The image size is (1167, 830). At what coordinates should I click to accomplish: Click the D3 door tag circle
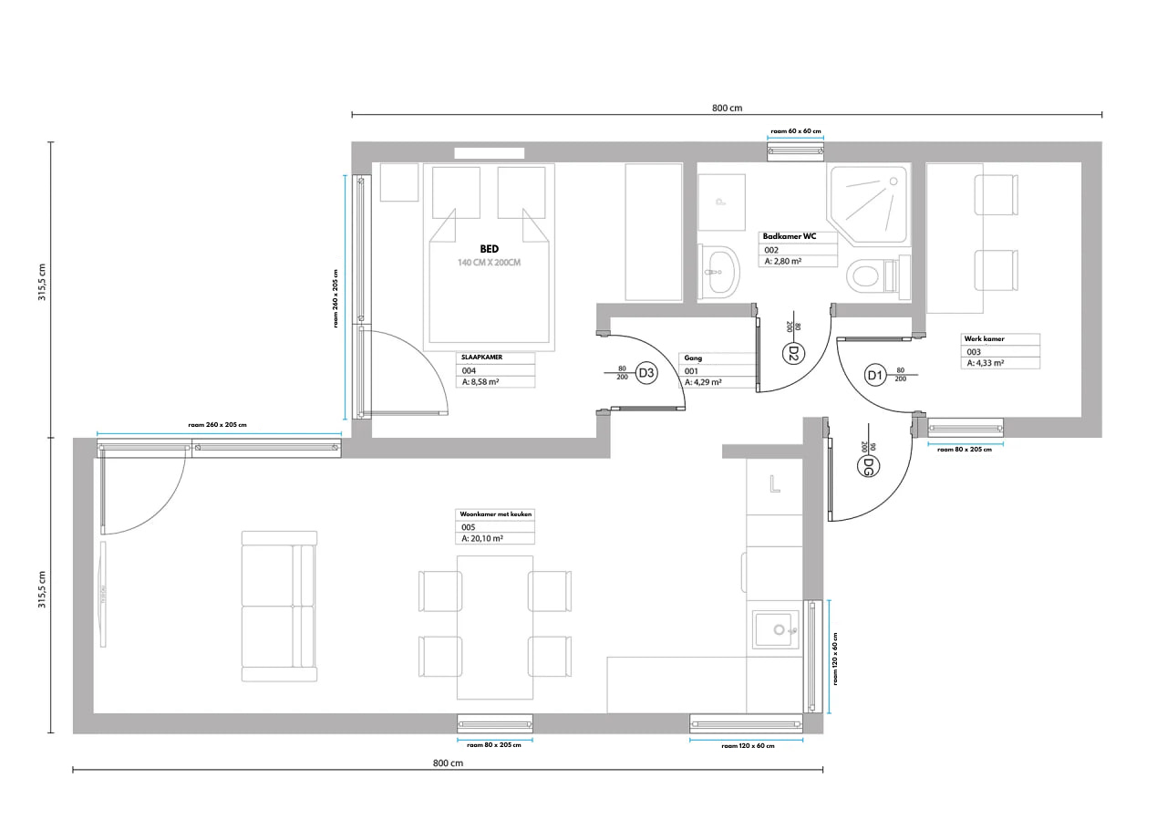pos(645,372)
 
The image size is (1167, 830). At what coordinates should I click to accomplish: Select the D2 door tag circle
pos(792,352)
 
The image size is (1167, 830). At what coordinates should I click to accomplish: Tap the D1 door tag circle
pos(874,375)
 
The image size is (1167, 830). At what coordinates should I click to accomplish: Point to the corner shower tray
pos(866,202)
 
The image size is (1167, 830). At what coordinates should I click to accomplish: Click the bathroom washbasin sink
pos(720,271)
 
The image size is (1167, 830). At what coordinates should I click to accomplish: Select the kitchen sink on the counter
pos(775,629)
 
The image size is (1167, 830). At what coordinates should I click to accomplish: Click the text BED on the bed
pos(489,248)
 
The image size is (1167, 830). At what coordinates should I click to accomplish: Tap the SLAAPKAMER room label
pos(482,358)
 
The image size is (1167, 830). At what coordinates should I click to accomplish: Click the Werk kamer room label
pos(984,338)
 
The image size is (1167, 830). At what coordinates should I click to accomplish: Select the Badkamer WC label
pos(790,236)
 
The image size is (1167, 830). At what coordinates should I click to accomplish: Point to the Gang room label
pos(694,358)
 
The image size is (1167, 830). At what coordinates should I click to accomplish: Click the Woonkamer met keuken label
pos(495,514)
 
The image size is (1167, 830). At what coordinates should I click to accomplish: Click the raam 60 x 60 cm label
pos(795,131)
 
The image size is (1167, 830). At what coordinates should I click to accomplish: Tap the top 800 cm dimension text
pos(727,108)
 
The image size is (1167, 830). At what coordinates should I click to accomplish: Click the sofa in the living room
pos(279,606)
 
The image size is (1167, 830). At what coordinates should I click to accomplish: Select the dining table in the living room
pos(495,627)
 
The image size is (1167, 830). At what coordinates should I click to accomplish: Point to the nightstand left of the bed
pos(398,182)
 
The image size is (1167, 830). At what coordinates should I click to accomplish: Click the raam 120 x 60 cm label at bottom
pos(747,746)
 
